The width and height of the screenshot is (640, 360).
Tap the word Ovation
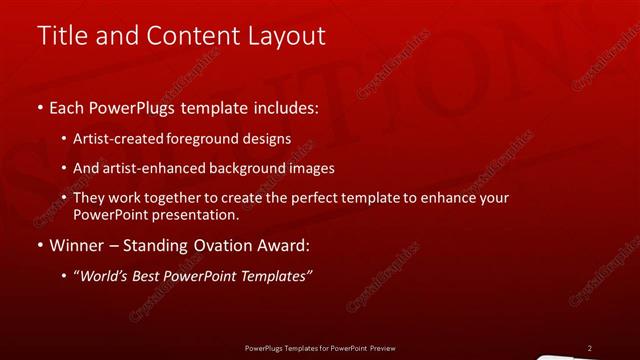coord(220,245)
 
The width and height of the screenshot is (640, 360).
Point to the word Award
coord(286,245)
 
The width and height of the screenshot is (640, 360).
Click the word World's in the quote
coord(104,276)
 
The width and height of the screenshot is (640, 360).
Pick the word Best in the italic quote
coord(150,276)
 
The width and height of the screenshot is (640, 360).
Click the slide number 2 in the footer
coord(589,348)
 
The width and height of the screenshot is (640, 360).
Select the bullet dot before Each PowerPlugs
coord(39,106)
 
